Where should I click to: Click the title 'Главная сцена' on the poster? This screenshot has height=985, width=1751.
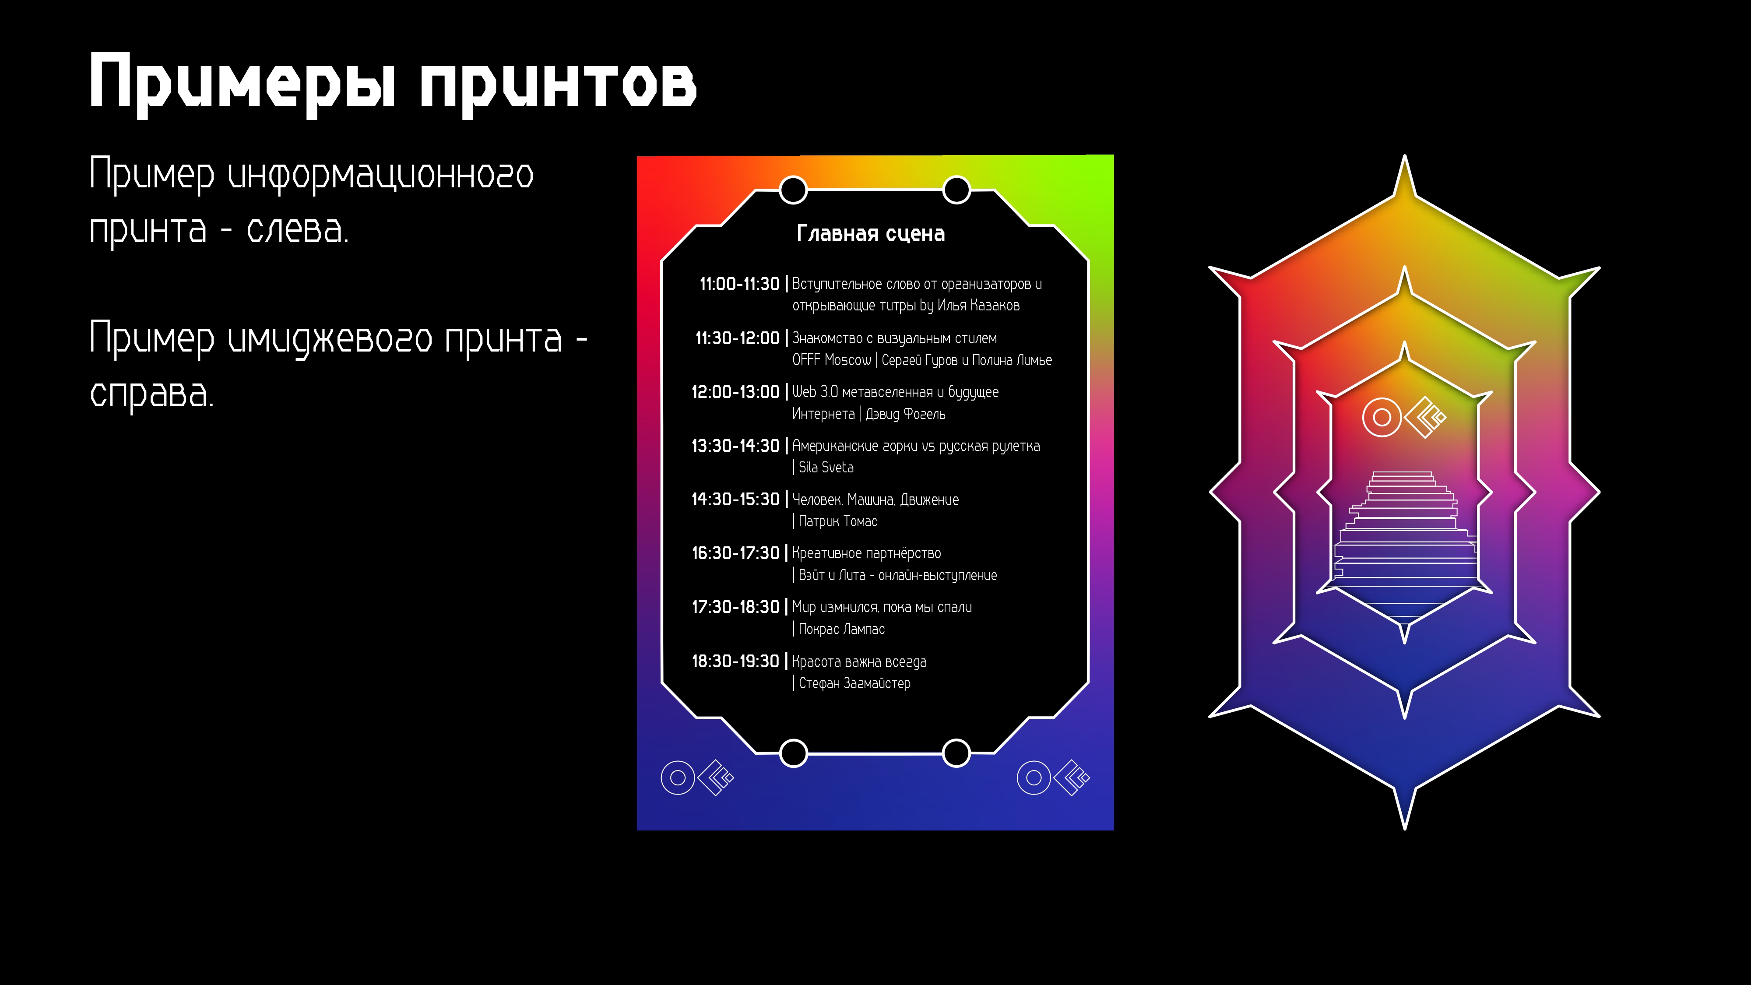click(870, 233)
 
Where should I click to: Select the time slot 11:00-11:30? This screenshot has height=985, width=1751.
click(739, 284)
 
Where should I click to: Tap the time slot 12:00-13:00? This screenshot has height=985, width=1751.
click(735, 391)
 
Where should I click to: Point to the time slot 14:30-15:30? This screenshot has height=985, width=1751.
click(735, 499)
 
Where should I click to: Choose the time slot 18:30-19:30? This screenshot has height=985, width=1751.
click(735, 661)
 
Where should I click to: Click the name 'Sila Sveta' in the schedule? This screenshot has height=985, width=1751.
click(826, 467)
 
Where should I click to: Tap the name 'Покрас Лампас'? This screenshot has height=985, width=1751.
click(841, 629)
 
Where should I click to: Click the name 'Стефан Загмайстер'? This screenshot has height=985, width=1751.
click(854, 683)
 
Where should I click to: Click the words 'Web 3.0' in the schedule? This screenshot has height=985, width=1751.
click(815, 391)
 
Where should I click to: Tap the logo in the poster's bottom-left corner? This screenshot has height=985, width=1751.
click(697, 777)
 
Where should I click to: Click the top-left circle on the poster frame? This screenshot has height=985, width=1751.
click(793, 190)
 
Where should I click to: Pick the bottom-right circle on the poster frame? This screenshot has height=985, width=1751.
click(956, 753)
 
